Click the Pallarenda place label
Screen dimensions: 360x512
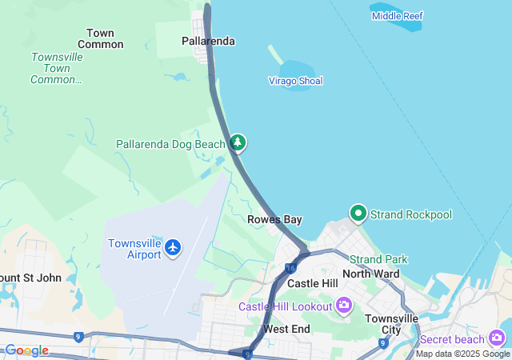click(208, 41)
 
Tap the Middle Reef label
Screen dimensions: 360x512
click(397, 16)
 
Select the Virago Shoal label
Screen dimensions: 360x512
click(295, 81)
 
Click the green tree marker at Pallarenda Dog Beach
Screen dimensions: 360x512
click(238, 143)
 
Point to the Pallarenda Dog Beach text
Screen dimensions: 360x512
click(170, 144)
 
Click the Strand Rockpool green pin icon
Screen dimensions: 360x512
click(358, 214)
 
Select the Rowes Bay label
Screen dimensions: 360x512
click(274, 219)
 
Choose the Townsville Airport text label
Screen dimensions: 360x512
click(134, 249)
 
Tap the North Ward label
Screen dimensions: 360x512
click(370, 274)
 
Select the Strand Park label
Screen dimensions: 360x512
click(378, 259)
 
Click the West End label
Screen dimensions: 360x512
click(286, 329)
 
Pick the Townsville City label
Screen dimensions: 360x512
click(391, 324)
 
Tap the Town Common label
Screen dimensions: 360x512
click(100, 38)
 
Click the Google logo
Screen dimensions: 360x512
click(26, 350)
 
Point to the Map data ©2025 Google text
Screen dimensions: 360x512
click(462, 354)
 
